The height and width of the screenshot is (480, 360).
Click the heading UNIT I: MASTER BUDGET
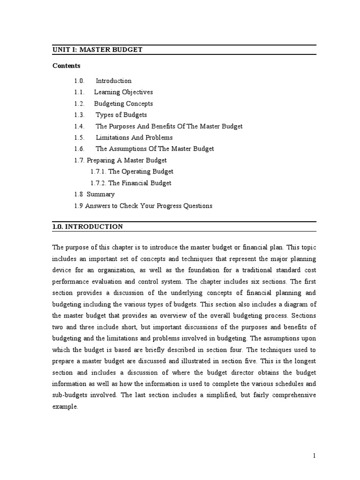[x=97, y=50]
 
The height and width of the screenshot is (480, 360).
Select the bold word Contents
[x=66, y=66]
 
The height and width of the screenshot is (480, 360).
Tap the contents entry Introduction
[x=113, y=81]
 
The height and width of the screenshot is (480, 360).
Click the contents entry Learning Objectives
[x=123, y=92]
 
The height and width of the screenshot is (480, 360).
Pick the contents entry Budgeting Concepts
[x=123, y=104]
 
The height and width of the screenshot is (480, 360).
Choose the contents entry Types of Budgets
[x=121, y=115]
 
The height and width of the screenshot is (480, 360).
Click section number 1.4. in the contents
[x=79, y=126]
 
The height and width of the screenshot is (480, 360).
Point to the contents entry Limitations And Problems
[x=134, y=137]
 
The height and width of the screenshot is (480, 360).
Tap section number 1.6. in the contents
[x=79, y=149]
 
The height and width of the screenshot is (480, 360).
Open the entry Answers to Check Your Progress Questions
[x=149, y=206]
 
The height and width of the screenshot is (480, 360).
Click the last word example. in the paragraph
[x=65, y=407]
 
